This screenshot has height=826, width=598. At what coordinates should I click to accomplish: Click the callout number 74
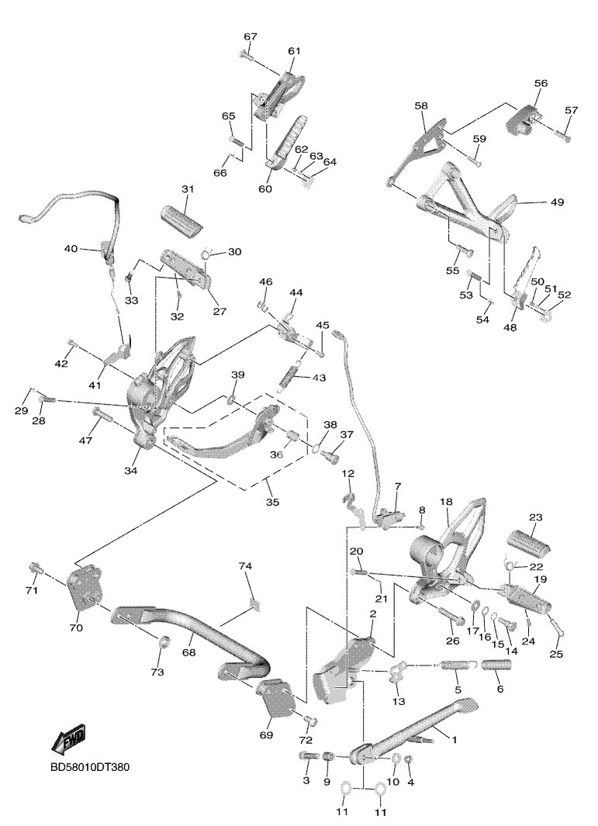(245, 567)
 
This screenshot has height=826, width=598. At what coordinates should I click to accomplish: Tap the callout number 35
(272, 503)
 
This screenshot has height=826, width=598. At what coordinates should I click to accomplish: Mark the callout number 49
(558, 202)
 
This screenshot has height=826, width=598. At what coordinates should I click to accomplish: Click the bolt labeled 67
(247, 56)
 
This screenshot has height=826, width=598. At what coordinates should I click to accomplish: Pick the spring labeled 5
(458, 665)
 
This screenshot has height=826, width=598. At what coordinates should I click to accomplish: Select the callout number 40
(71, 249)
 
